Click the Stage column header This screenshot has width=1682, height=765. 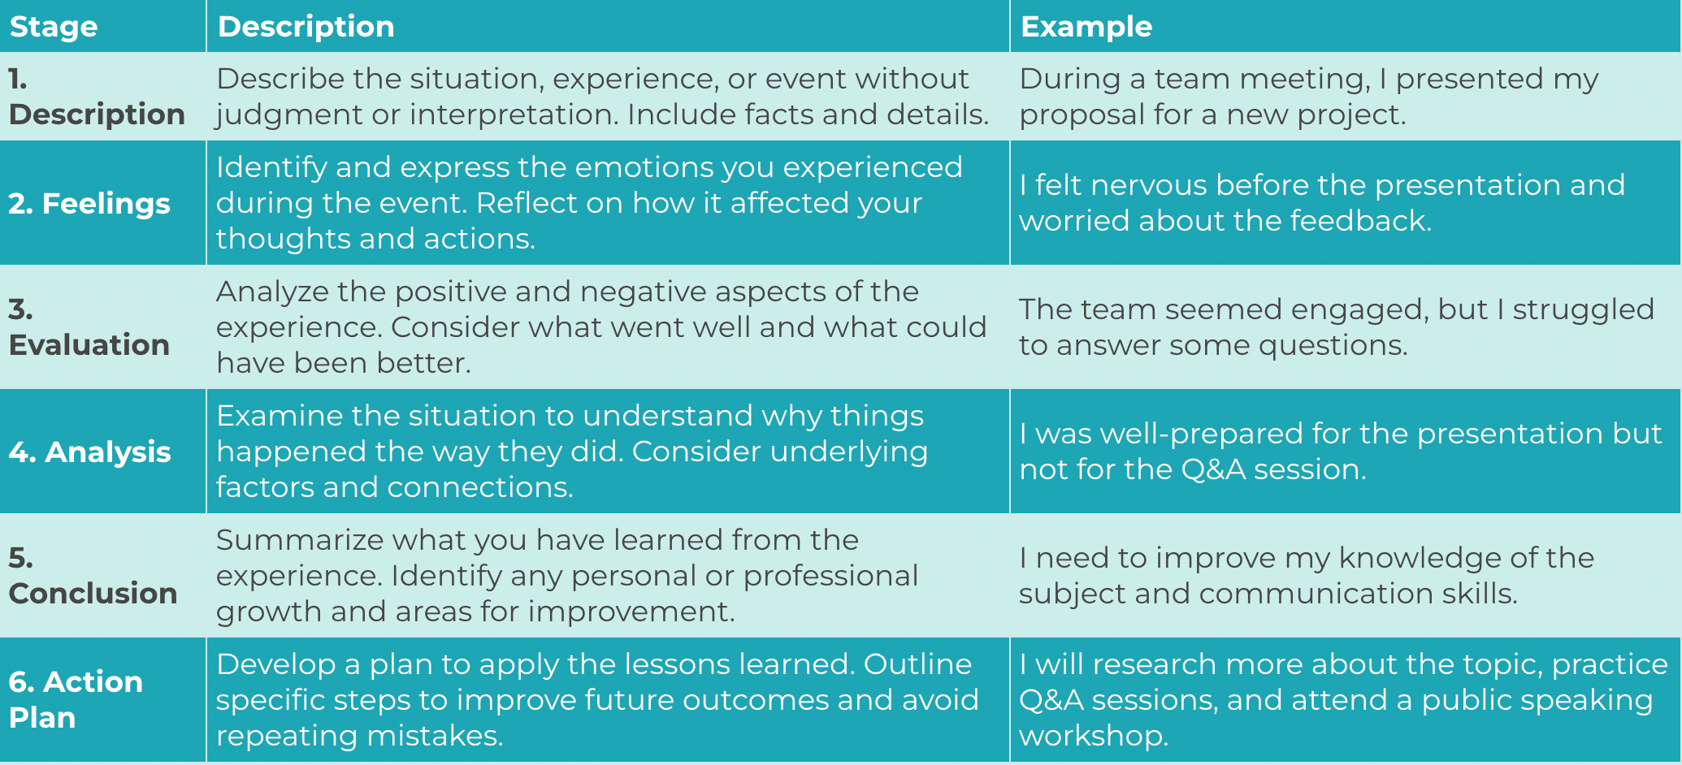[54, 27]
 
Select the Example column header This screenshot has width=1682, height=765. [1086, 27]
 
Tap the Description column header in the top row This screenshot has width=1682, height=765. [306, 27]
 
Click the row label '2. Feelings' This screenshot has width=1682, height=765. [89, 203]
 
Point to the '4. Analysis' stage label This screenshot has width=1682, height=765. [89, 452]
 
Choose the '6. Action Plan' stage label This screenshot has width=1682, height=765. [76, 699]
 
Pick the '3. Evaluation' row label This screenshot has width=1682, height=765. [89, 327]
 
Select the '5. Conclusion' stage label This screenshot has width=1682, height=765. [93, 576]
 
